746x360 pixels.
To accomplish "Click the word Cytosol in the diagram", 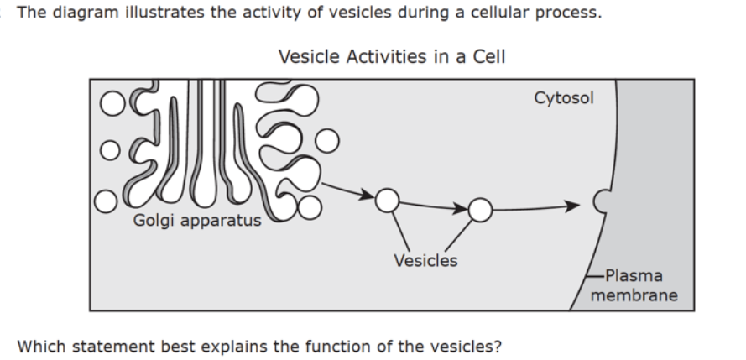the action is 564,98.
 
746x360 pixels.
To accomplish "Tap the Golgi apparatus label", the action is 197,220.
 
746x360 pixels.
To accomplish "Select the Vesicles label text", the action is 425,261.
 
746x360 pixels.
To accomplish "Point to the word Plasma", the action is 634,276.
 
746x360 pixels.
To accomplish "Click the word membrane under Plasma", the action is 634,295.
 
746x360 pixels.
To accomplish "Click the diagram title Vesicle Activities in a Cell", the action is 392,56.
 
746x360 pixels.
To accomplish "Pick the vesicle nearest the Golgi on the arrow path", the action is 388,201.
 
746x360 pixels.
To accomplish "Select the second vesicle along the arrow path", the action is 480,210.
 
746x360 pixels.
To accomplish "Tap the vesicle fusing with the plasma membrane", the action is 602,201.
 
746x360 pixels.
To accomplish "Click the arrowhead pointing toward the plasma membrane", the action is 572,206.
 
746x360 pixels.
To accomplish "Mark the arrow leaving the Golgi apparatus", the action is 347,190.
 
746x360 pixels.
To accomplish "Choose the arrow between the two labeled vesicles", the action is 434,206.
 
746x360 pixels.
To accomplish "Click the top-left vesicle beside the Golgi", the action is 112,103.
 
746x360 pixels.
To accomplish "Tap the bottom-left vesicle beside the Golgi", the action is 106,201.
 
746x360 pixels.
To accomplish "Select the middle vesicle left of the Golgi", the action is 110,150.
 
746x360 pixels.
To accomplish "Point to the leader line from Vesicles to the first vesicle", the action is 400,232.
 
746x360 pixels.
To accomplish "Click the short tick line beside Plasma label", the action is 595,275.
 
